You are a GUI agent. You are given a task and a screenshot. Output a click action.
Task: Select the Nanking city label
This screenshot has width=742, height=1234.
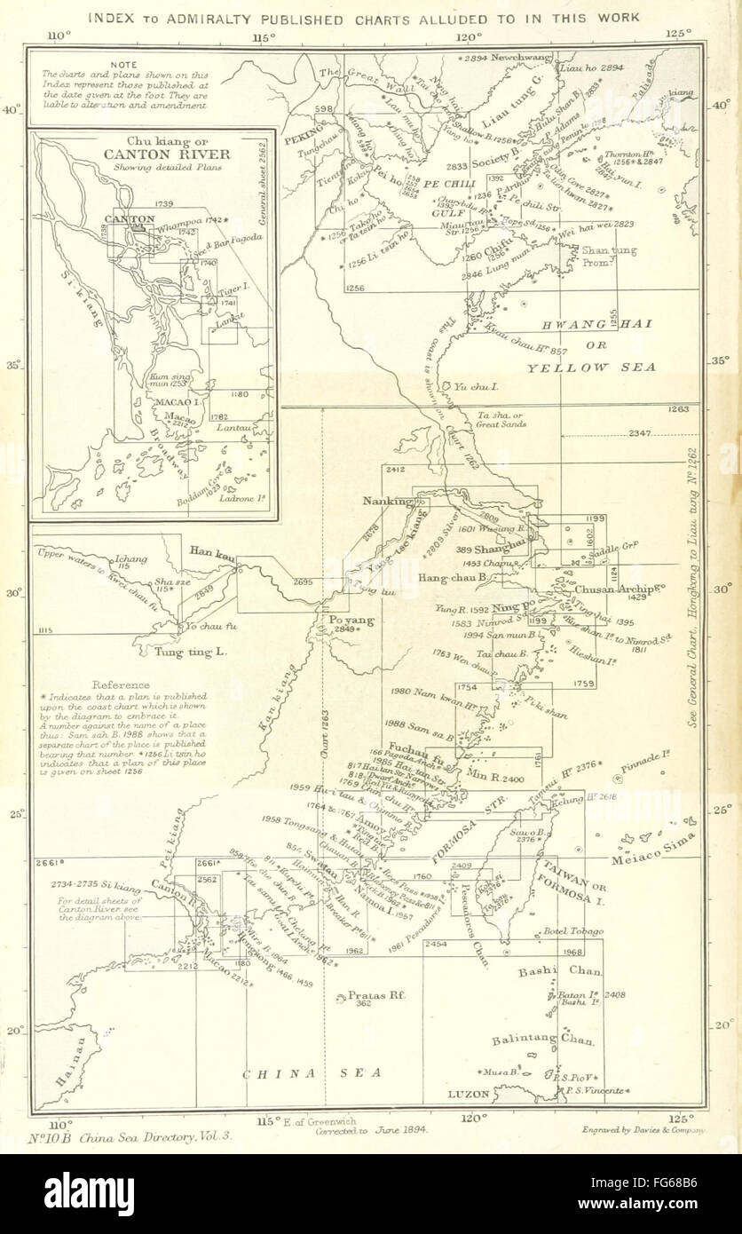click(x=388, y=501)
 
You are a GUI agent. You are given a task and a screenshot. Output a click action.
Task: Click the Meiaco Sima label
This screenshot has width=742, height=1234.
click(x=655, y=860)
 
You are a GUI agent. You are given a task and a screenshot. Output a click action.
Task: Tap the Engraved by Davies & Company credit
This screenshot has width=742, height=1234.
click(x=642, y=1131)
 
